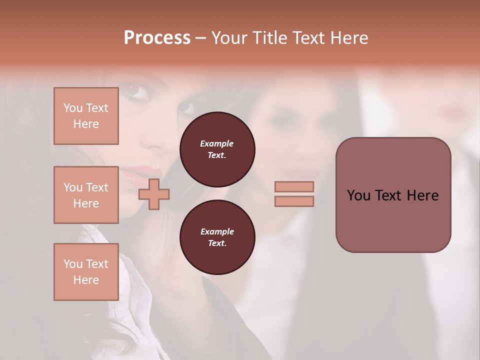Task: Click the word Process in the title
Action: coord(157,38)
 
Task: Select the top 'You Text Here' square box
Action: coord(86,116)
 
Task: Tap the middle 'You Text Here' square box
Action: coord(86,195)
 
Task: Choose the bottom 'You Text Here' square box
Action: coord(86,272)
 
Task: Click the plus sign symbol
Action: coord(154,194)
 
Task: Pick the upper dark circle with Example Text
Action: coord(217,149)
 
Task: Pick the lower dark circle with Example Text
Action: coord(217,237)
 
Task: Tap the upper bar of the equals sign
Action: coord(294,186)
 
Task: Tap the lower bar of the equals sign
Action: coord(294,201)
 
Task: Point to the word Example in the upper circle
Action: coord(217,143)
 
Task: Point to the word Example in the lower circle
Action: coord(217,231)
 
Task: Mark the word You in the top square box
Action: coord(73,108)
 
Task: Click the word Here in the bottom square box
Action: coord(86,280)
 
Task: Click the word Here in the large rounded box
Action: coord(422,195)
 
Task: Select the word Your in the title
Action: coord(230,38)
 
